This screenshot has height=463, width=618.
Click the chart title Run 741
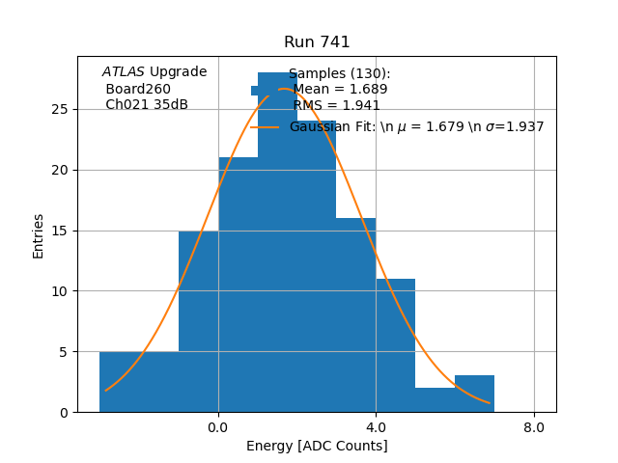click(317, 42)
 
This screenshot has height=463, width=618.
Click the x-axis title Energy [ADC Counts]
click(317, 446)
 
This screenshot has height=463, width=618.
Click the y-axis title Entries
click(39, 235)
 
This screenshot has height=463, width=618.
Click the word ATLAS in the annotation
click(124, 71)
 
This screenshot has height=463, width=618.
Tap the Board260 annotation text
click(138, 89)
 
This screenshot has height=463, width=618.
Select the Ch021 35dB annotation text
click(147, 104)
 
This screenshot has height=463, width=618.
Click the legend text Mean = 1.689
click(340, 90)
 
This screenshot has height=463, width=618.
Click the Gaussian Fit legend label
click(416, 126)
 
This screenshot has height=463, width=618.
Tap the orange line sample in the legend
click(266, 126)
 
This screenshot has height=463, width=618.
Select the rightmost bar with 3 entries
click(474, 394)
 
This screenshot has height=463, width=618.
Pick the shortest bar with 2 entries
click(435, 399)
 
